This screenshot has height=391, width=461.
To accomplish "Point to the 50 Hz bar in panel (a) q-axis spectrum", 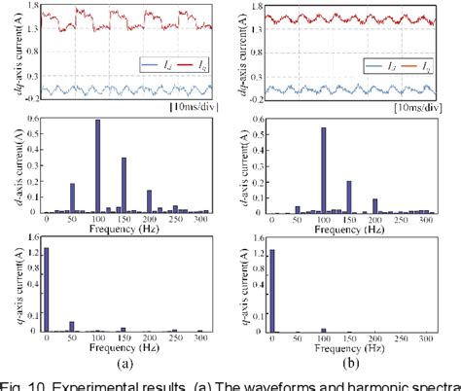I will click(72, 326).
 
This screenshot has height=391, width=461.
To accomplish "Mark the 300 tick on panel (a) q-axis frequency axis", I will click(199, 338).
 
